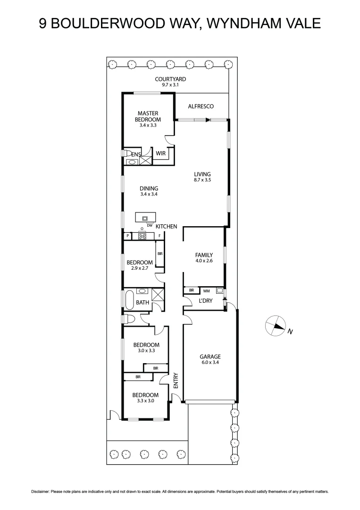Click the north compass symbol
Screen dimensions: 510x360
(x=276, y=326)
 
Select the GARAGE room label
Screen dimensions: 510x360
(x=210, y=357)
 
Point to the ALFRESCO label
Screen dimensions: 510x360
(x=201, y=107)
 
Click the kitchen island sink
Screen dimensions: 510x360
(x=145, y=218)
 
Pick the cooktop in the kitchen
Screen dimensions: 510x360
(x=142, y=236)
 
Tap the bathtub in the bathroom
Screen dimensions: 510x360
(x=129, y=300)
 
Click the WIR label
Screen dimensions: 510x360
(x=160, y=153)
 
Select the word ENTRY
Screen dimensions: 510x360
(x=176, y=381)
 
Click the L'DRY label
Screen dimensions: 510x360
(x=205, y=300)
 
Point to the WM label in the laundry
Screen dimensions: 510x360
(x=206, y=290)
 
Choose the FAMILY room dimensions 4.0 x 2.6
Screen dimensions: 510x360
(x=204, y=261)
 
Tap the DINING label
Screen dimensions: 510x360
(x=149, y=188)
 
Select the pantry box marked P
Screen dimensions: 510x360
(x=127, y=236)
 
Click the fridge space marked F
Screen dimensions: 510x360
(x=159, y=236)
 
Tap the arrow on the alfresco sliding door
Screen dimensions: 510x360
(x=208, y=120)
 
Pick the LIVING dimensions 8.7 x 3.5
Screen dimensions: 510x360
(x=202, y=180)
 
